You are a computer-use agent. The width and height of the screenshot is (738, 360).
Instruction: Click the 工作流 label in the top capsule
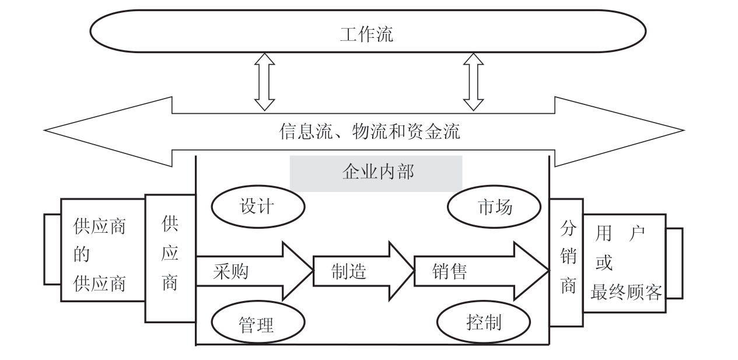[366, 34]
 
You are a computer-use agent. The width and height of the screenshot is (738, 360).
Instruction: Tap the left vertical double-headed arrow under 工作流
[265, 82]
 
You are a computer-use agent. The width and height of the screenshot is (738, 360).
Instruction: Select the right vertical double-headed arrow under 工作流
[473, 82]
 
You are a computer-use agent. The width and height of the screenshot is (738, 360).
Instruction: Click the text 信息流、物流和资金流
[369, 132]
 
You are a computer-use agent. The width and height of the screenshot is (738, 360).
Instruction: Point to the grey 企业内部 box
[376, 173]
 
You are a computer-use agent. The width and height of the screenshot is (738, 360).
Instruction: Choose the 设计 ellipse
[257, 207]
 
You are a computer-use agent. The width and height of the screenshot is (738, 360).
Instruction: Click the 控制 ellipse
[484, 322]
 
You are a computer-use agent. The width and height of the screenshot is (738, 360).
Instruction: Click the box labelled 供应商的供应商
[102, 256]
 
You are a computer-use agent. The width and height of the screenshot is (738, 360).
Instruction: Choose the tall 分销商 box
[566, 257]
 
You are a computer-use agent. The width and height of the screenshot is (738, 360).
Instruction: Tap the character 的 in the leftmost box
[82, 255]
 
